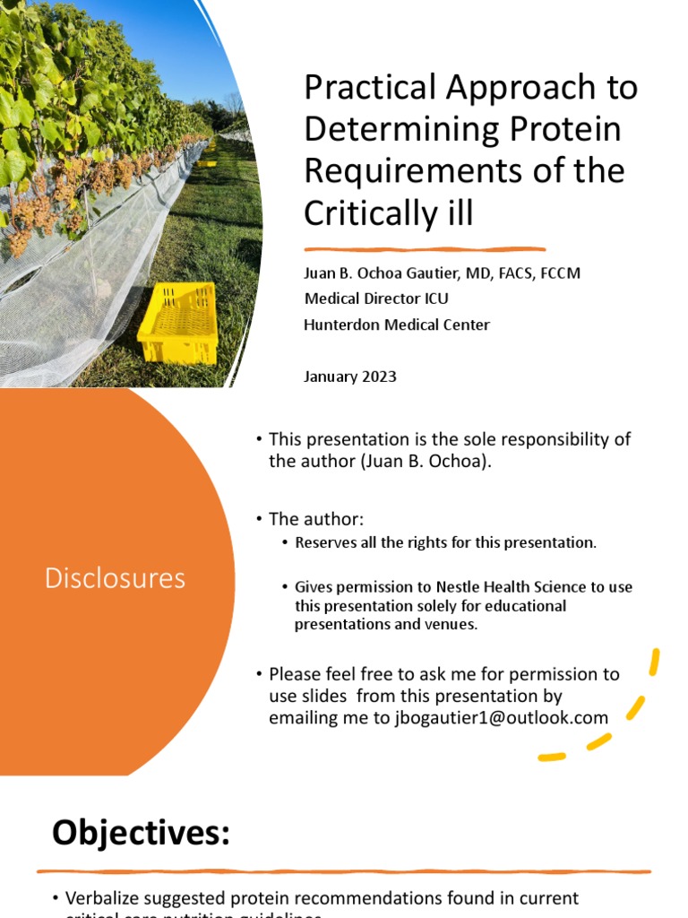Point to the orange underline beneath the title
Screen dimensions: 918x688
[x=425, y=249]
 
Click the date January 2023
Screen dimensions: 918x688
[x=350, y=377]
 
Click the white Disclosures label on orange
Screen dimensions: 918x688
[x=116, y=578]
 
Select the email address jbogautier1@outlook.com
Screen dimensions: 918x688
[x=502, y=718]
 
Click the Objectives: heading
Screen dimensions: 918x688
[x=141, y=833]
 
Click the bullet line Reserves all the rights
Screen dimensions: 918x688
[x=445, y=542]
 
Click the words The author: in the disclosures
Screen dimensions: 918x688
[x=316, y=519]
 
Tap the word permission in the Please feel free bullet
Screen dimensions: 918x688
[x=541, y=674]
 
